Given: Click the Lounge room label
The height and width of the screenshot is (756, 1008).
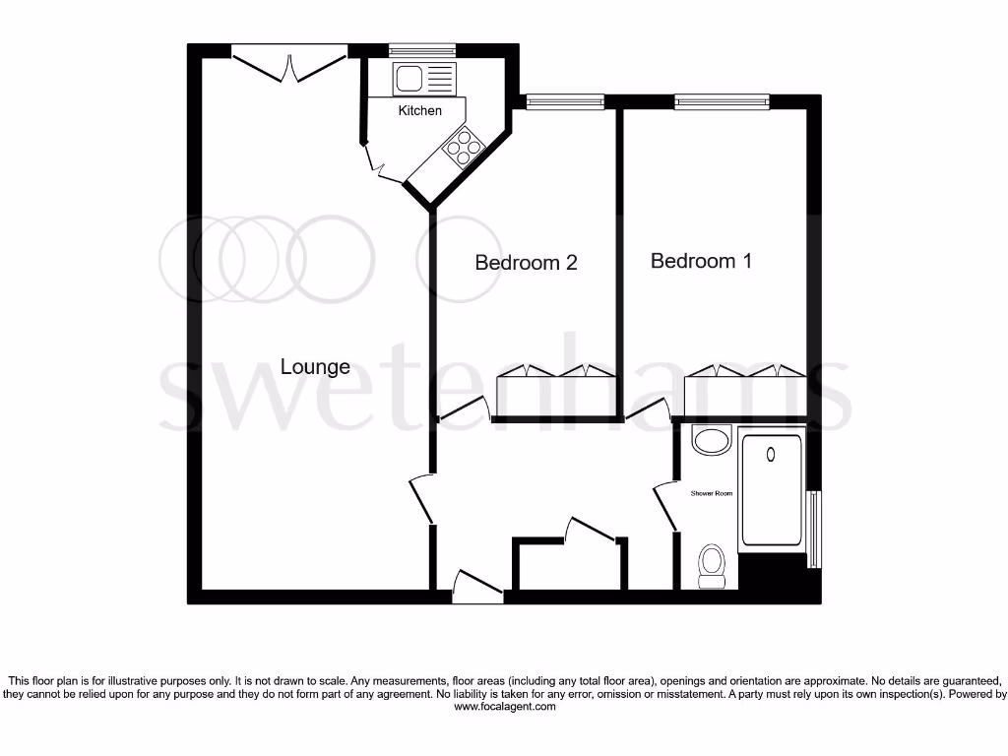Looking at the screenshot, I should [x=315, y=367].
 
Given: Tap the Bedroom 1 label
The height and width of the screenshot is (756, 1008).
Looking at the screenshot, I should [x=701, y=261].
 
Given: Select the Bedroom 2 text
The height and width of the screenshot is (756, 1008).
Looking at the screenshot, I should [x=526, y=263].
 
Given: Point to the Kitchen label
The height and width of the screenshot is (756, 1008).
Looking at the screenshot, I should [x=419, y=110].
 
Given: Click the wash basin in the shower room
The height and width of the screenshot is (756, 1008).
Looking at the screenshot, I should [x=711, y=440].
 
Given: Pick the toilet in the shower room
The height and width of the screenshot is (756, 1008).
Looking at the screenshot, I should [x=711, y=566].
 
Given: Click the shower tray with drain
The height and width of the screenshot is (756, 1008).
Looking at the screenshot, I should [x=771, y=489].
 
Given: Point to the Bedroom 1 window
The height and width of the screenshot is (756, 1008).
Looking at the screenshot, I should [x=721, y=101].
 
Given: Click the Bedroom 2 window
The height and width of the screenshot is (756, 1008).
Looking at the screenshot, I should [x=564, y=101].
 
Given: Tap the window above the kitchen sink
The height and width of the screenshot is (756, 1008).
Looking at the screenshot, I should [x=422, y=50].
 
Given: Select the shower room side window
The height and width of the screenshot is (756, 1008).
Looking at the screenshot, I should [x=813, y=528].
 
